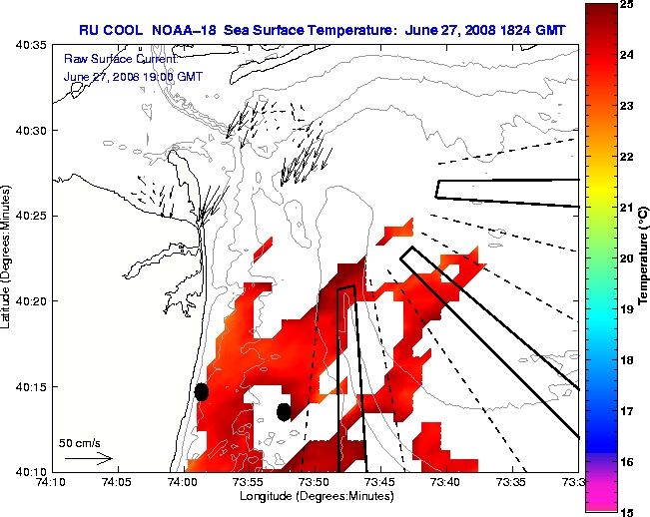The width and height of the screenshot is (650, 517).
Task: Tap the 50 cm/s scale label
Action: pos(80,442)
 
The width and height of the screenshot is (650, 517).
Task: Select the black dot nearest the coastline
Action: pos(202,391)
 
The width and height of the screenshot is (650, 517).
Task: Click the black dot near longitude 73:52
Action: pos(284,411)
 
